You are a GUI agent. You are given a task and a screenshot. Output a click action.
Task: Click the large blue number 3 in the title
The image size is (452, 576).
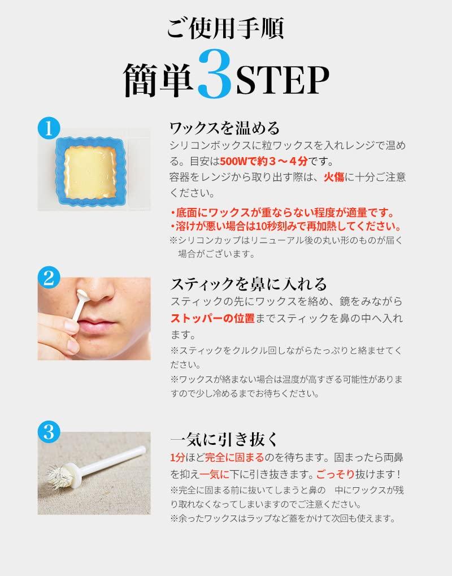(x=215, y=75)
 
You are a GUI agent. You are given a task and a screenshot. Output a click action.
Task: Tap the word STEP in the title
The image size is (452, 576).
(x=282, y=80)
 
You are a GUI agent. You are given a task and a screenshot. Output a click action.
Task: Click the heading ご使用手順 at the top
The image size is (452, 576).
(x=225, y=28)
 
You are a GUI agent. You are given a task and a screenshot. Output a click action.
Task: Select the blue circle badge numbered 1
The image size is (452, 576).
(x=49, y=128)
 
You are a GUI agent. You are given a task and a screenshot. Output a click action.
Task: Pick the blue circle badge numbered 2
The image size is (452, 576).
(x=49, y=278)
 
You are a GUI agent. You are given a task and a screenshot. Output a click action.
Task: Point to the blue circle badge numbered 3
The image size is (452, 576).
(x=49, y=431)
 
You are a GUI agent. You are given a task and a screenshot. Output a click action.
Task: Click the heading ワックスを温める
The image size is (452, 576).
(x=225, y=128)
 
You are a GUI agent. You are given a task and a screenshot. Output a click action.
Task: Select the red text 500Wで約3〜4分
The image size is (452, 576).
(x=264, y=161)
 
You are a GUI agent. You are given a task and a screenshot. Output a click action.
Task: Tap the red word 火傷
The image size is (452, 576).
(x=334, y=177)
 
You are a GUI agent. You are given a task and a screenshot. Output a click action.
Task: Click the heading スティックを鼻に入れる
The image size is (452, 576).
(x=249, y=284)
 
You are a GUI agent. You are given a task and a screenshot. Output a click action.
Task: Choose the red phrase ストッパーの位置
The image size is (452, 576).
(x=212, y=318)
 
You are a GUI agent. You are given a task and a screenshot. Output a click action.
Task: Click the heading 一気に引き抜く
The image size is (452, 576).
(x=224, y=439)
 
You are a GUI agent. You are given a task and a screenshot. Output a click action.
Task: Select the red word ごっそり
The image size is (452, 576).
(x=335, y=474)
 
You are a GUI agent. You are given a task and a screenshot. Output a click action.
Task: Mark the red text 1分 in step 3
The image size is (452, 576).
(x=177, y=458)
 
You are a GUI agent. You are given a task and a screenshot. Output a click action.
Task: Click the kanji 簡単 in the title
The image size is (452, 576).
(x=158, y=80)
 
